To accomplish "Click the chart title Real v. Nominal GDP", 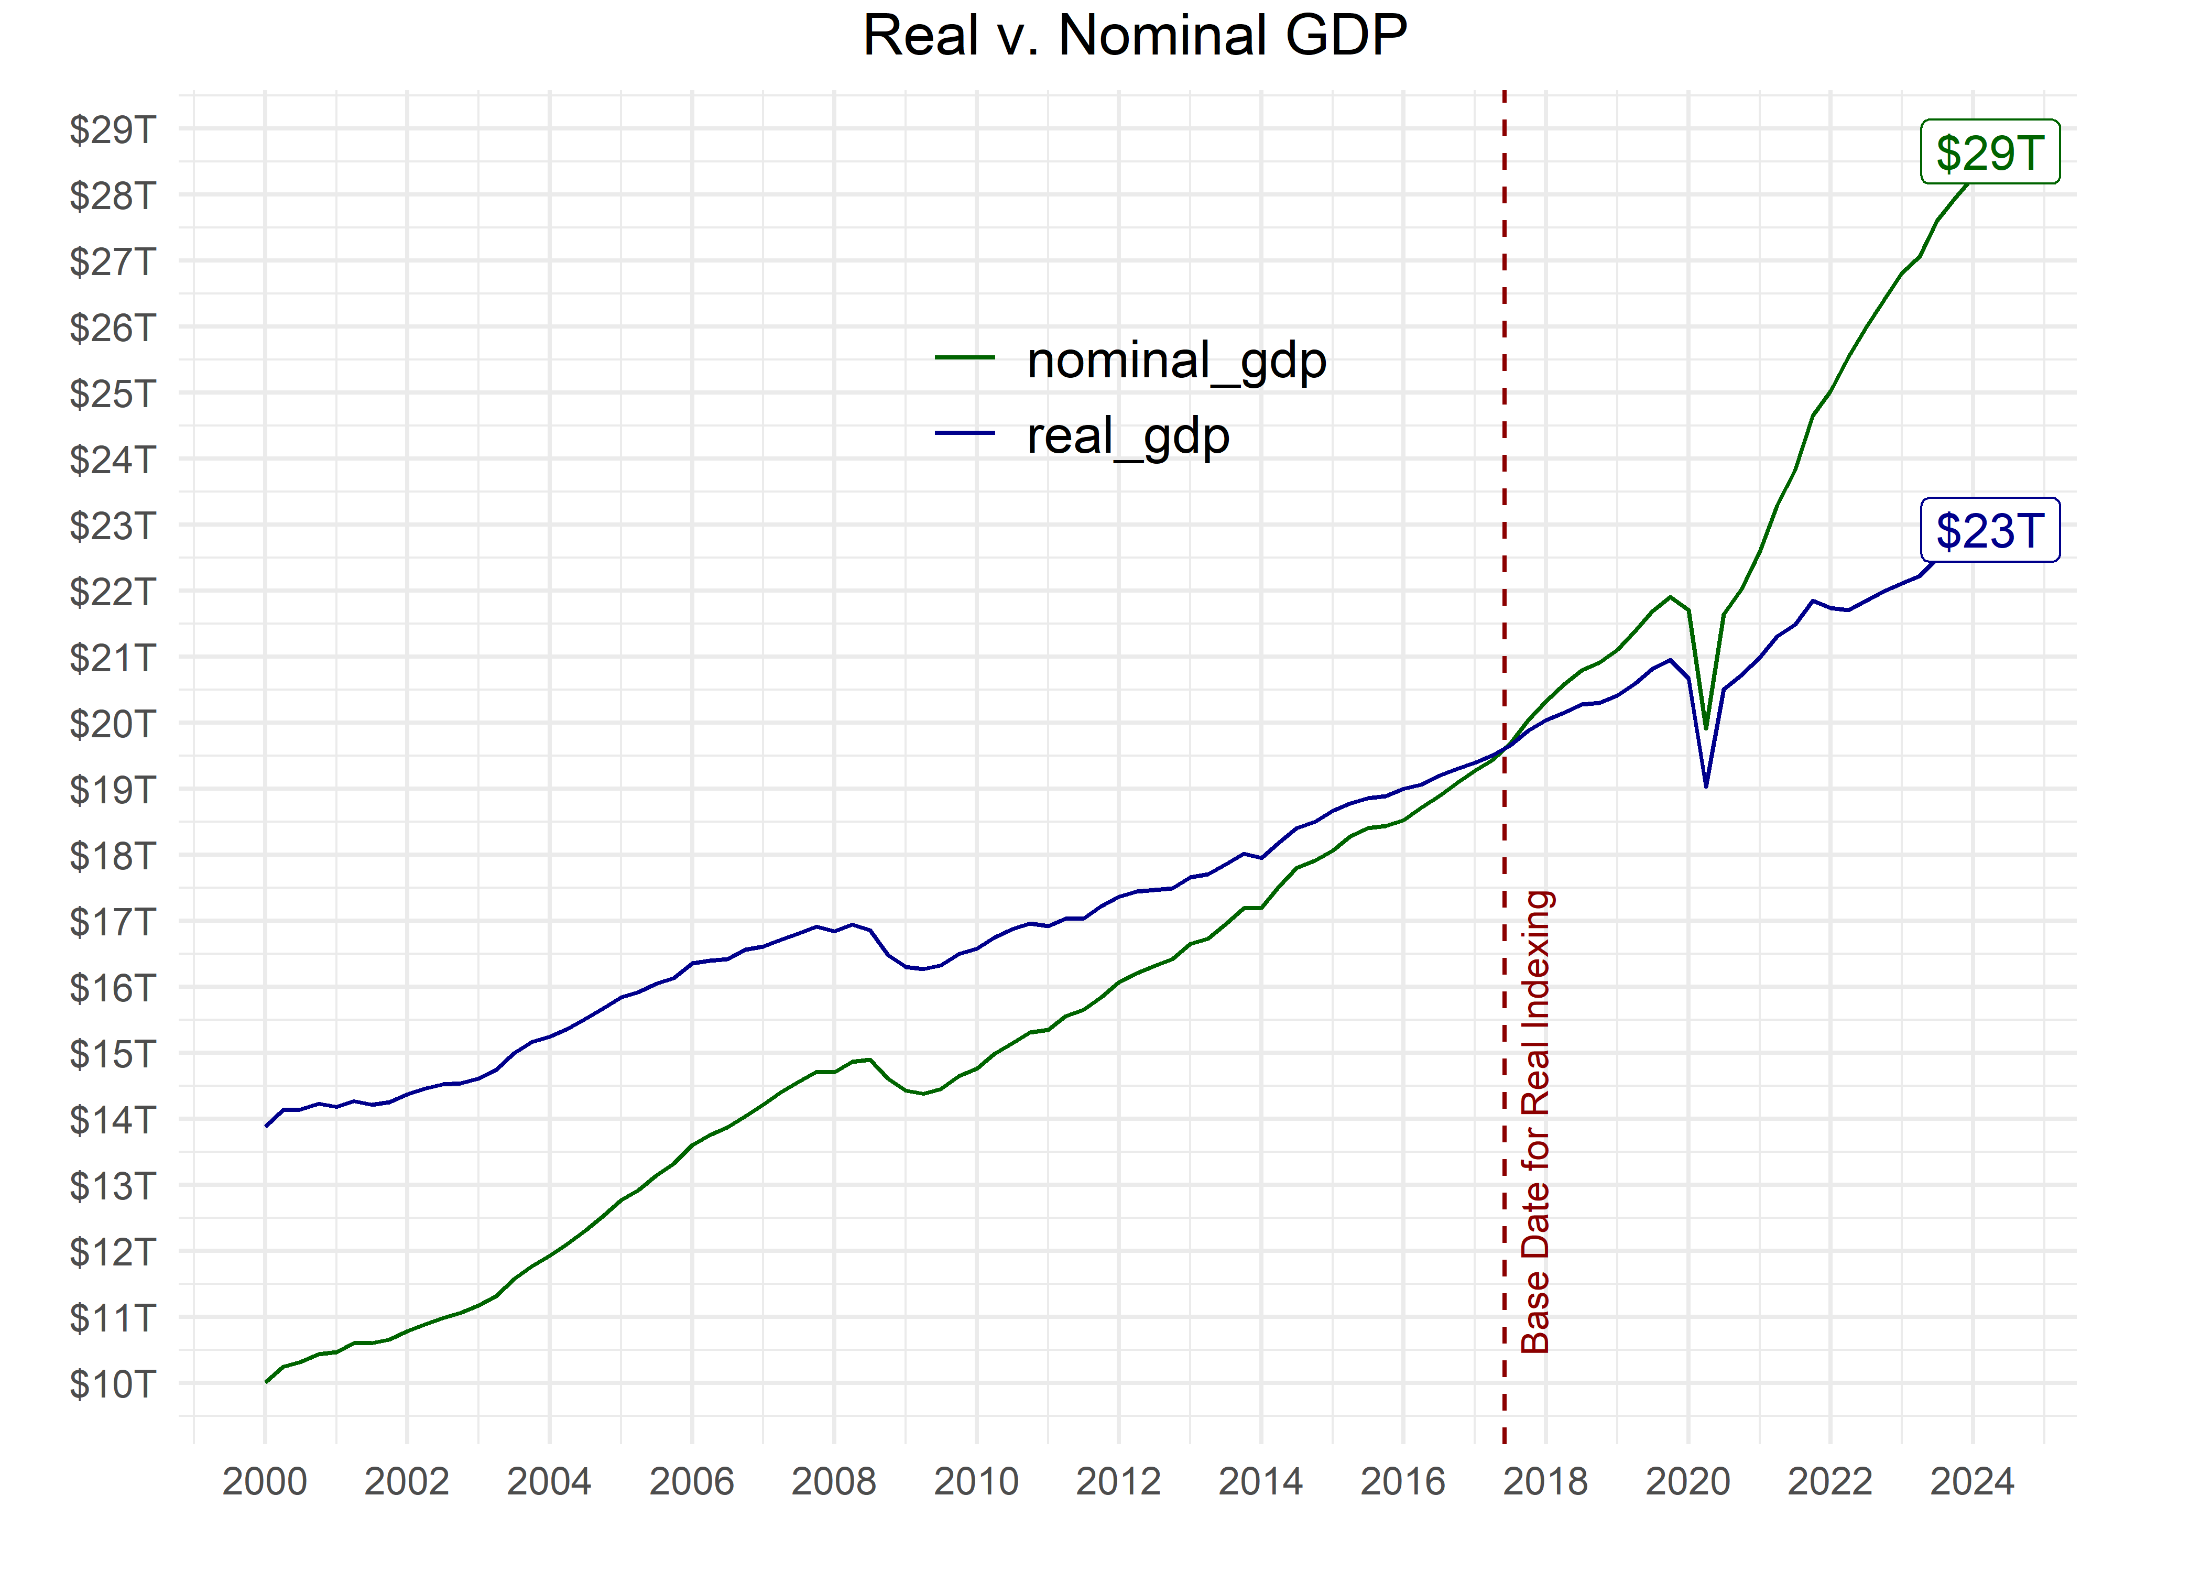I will (1135, 37).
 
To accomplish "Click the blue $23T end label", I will (1989, 530).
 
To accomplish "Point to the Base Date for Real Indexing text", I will (1536, 1121).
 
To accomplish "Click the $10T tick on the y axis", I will (112, 1384).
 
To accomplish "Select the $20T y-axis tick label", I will (112, 724).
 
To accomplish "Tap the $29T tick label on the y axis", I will (112, 130).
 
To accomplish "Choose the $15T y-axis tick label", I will (112, 1054).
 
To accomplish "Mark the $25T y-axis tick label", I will (112, 394).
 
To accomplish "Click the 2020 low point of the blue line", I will (1705, 785).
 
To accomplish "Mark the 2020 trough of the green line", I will (1705, 728).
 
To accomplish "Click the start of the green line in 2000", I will (266, 1381).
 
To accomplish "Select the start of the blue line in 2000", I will (266, 1126).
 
